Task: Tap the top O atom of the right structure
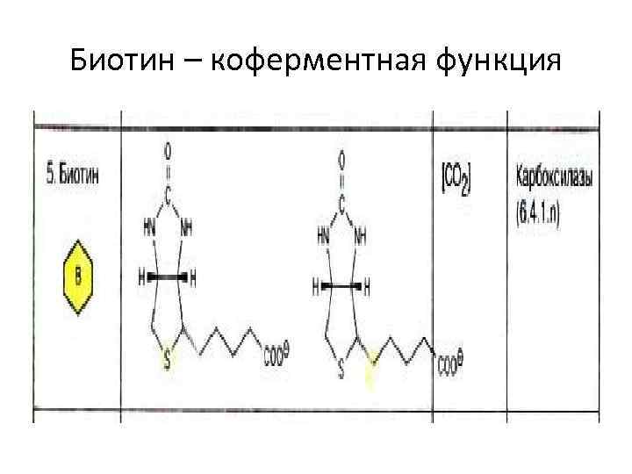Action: point(342,159)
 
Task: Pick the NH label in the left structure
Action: point(186,226)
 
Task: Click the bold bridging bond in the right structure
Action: point(342,286)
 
